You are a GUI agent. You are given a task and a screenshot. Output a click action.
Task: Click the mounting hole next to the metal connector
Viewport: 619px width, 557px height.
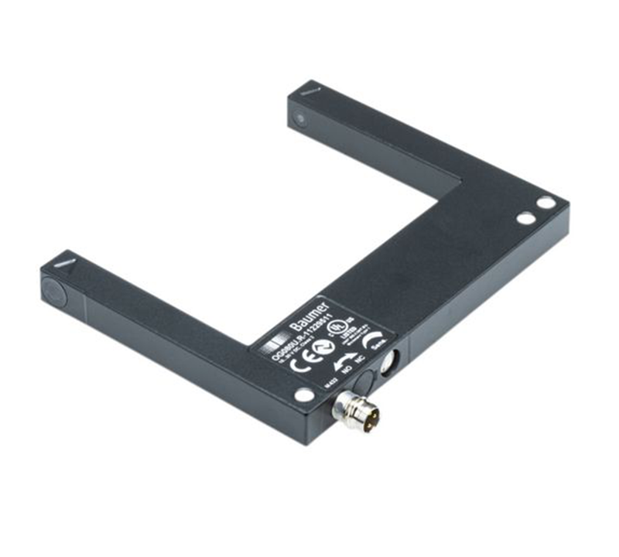pyautogui.click(x=304, y=395)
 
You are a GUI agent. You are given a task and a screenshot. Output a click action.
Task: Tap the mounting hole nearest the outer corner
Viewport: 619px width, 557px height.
pyautogui.click(x=546, y=203)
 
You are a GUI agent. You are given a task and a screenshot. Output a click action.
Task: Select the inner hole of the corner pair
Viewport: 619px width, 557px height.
pyautogui.click(x=525, y=218)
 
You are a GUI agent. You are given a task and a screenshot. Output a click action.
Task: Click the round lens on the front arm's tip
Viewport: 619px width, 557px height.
pyautogui.click(x=53, y=289)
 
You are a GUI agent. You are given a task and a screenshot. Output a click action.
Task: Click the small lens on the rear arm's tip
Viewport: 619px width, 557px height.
pyautogui.click(x=299, y=119)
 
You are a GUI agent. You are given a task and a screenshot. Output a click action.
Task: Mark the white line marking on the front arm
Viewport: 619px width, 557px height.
pyautogui.click(x=67, y=264)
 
